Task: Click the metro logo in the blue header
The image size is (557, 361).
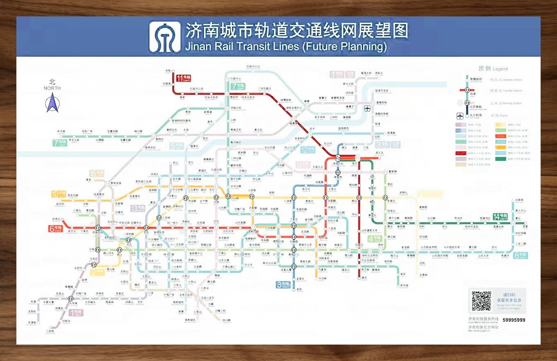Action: (165, 37)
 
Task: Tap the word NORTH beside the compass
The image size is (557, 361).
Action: (52, 88)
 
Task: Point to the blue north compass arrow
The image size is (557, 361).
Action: (52, 103)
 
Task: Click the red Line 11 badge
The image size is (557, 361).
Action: (184, 78)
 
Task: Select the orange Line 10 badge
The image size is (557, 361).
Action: (59, 194)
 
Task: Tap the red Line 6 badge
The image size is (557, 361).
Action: (56, 228)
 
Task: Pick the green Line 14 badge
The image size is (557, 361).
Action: (500, 217)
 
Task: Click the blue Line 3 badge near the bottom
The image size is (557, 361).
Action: (283, 284)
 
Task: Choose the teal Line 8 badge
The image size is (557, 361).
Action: (520, 255)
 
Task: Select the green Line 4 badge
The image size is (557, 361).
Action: (375, 239)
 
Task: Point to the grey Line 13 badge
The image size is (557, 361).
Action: (138, 208)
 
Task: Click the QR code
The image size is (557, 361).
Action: (481, 301)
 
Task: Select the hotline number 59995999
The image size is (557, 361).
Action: (514, 320)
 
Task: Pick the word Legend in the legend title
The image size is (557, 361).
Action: (500, 69)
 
